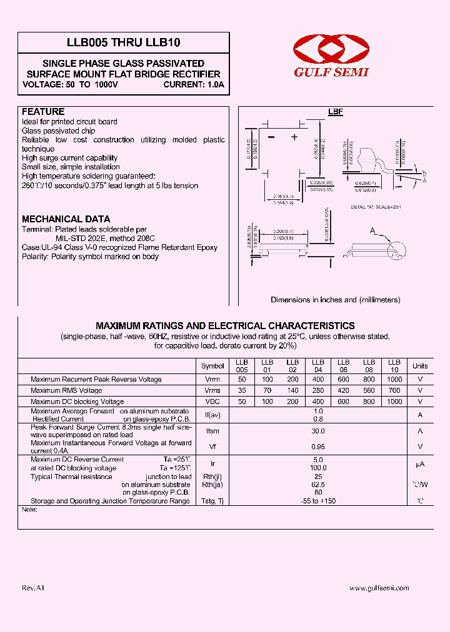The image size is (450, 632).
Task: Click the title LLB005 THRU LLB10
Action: (x=124, y=42)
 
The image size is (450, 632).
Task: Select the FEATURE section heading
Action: (x=43, y=112)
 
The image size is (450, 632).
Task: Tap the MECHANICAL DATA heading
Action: (x=66, y=219)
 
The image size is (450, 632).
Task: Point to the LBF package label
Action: (x=336, y=112)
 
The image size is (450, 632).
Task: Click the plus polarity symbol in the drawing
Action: (x=294, y=137)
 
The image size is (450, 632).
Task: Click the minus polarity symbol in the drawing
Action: (x=271, y=137)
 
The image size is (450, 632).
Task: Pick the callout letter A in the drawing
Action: (x=372, y=231)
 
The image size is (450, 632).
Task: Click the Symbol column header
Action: (x=212, y=366)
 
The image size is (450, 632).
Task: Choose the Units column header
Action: (x=420, y=366)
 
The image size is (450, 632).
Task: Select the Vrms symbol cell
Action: (x=212, y=390)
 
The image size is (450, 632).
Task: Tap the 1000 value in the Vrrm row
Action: (x=394, y=380)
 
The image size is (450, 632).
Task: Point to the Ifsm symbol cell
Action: (x=212, y=431)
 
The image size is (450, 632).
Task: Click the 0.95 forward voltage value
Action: (x=318, y=447)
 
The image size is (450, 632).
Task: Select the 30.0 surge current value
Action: (x=318, y=431)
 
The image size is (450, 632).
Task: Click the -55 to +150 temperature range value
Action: (x=318, y=501)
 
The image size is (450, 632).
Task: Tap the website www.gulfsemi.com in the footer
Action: (x=379, y=588)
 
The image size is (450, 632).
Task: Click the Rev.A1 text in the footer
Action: (x=33, y=588)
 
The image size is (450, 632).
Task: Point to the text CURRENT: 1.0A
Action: (x=194, y=84)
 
